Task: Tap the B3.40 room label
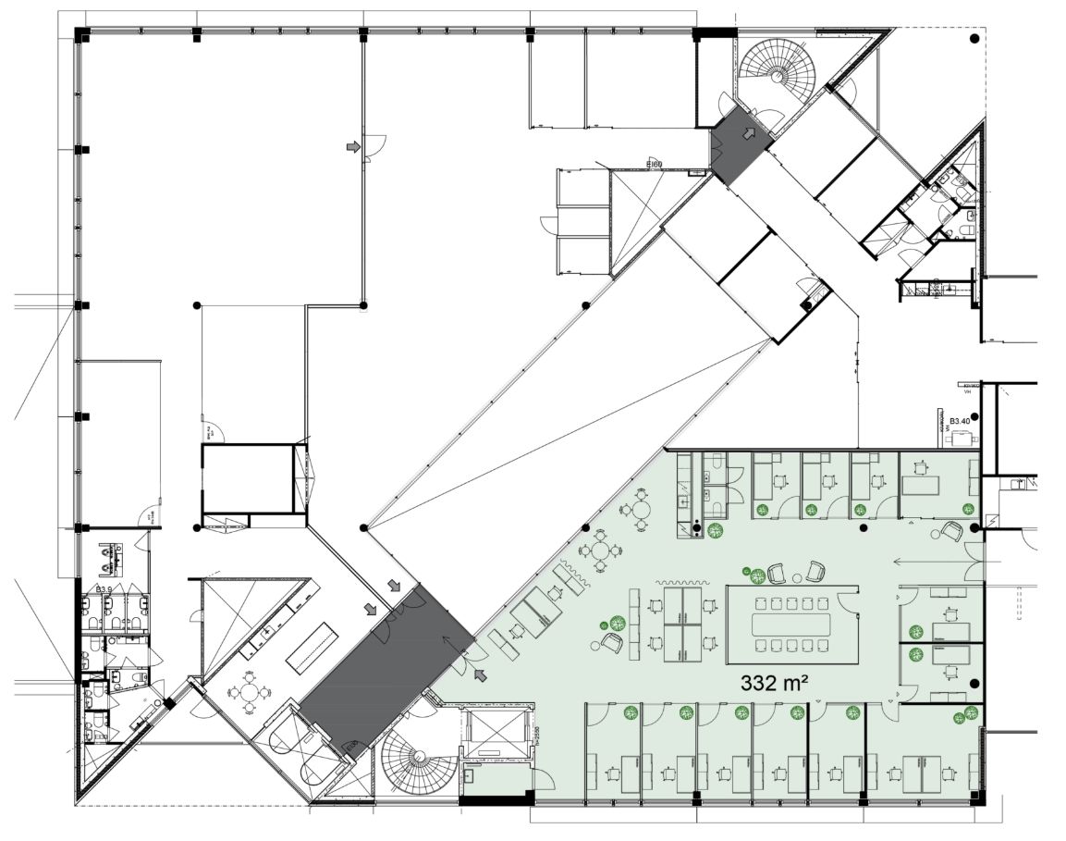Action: pos(961,422)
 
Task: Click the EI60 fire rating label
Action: pos(654,165)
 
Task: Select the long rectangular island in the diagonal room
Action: pos(312,646)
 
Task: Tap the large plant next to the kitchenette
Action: pos(714,530)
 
